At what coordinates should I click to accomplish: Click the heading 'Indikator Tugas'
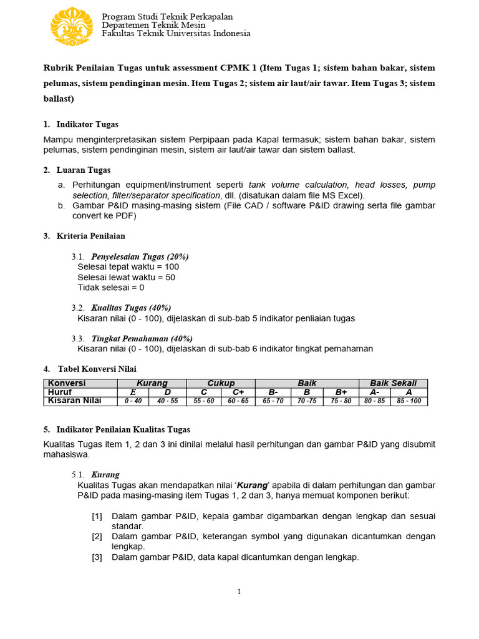[87, 124]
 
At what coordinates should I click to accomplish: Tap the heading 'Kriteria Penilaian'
[90, 236]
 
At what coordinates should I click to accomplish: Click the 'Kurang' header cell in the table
[152, 383]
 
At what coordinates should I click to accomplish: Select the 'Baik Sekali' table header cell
[393, 383]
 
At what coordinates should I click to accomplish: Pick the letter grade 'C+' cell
[238, 392]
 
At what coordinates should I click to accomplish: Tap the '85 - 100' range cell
[409, 401]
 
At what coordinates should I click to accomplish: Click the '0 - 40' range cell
[133, 401]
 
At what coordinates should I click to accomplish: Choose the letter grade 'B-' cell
[273, 392]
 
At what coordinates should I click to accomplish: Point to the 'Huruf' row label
[60, 392]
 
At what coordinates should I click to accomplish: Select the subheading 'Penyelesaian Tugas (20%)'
[140, 256]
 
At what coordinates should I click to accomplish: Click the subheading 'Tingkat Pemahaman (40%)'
[142, 338]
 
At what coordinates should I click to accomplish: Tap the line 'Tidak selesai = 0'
[110, 288]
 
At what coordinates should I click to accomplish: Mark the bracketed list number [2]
[97, 537]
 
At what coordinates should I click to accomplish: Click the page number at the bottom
[239, 592]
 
